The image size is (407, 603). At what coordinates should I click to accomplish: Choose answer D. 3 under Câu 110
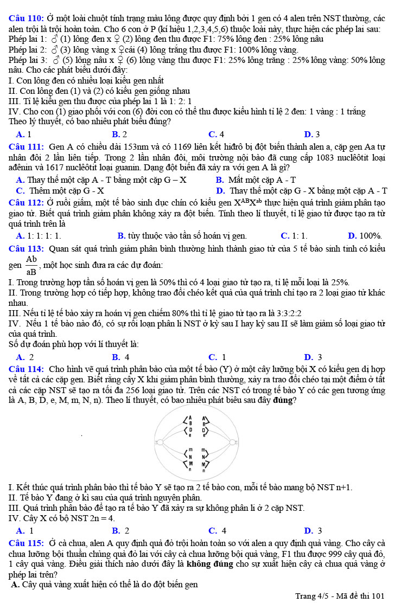[311, 134]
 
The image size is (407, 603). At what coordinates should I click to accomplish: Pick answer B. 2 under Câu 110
[119, 134]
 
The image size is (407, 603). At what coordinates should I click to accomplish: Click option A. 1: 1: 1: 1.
[39, 235]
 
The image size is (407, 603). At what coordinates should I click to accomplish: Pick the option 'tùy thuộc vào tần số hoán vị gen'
[181, 235]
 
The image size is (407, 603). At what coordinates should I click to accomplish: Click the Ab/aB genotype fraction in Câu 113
[31, 265]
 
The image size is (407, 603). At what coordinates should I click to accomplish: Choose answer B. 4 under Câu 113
[120, 357]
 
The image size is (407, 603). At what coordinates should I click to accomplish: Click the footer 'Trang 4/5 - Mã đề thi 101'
[339, 595]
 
